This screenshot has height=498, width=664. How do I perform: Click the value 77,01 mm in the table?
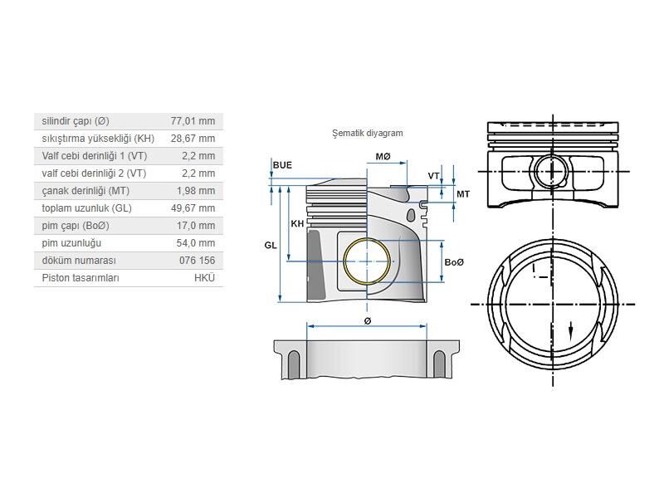pyautogui.click(x=193, y=121)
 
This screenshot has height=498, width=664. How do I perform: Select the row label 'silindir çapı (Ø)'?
pyautogui.click(x=76, y=121)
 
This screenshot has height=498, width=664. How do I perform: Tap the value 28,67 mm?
pyautogui.click(x=193, y=139)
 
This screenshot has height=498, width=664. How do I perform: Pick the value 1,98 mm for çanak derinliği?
pyautogui.click(x=198, y=191)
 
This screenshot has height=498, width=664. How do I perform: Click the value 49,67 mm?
pyautogui.click(x=193, y=208)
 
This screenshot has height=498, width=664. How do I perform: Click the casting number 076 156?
pyautogui.click(x=197, y=261)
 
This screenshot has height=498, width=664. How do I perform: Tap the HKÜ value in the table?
pyautogui.click(x=204, y=278)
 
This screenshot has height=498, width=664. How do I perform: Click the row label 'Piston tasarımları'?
pyautogui.click(x=81, y=278)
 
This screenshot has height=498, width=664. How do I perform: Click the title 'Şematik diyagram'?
pyautogui.click(x=367, y=133)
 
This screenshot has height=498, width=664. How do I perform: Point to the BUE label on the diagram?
pyautogui.click(x=282, y=165)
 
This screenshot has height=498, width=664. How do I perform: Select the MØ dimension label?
pyautogui.click(x=383, y=157)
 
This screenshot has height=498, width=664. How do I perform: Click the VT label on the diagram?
pyautogui.click(x=433, y=176)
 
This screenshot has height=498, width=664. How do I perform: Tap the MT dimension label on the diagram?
pyautogui.click(x=463, y=193)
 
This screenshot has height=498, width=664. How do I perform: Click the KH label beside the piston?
pyautogui.click(x=296, y=224)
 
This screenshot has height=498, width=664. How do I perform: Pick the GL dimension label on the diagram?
pyautogui.click(x=271, y=246)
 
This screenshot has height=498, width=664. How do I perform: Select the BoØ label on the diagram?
pyautogui.click(x=454, y=262)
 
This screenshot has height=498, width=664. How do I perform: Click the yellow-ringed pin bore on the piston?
pyautogui.click(x=368, y=261)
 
